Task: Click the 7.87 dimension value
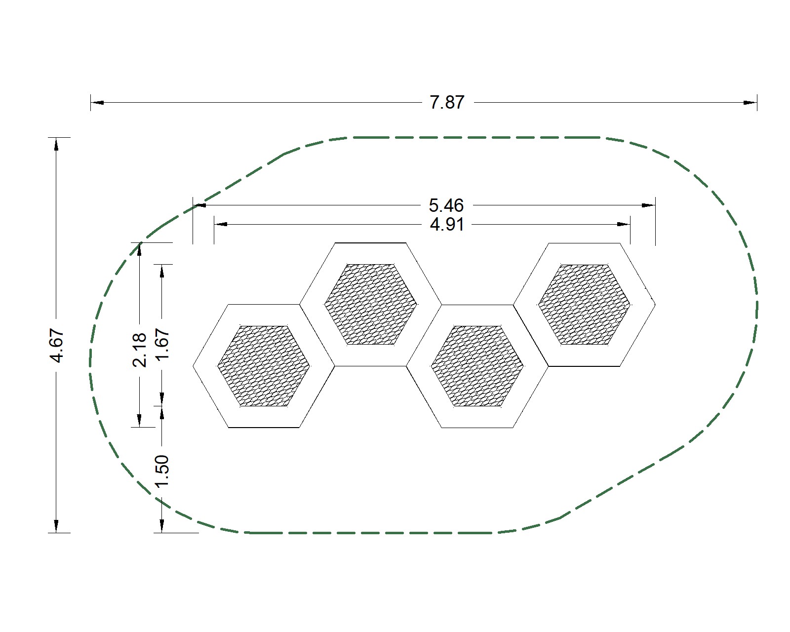point(447,102)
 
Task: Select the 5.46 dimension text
point(447,205)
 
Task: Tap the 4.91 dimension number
point(447,225)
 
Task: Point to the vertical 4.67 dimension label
point(57,346)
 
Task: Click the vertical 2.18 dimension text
point(140,350)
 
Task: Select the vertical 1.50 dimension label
point(162,471)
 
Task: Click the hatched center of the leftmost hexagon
point(264,366)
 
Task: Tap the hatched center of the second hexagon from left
point(370,304)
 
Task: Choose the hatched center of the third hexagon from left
point(477,366)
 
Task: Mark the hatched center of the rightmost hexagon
point(584,304)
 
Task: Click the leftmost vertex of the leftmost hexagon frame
point(193,366)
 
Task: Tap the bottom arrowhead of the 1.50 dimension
point(162,526)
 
